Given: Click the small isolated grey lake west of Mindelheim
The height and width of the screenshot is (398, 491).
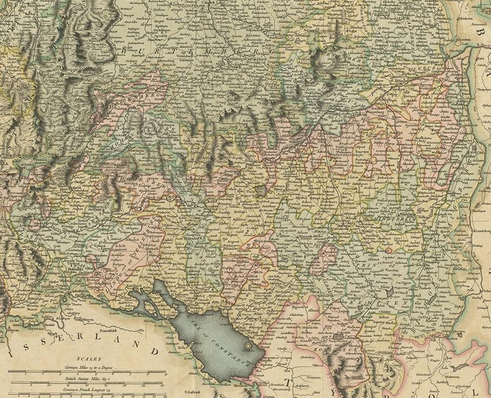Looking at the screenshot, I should point(261,191).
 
